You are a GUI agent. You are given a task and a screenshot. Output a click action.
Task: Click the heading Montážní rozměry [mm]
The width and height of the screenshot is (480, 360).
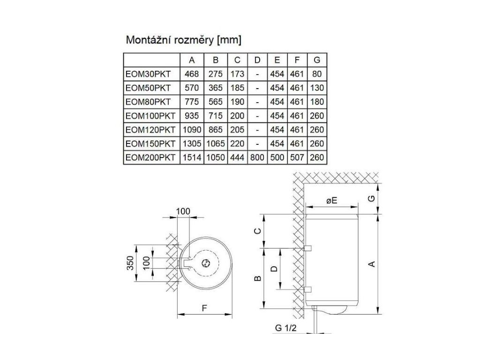coord(183,40)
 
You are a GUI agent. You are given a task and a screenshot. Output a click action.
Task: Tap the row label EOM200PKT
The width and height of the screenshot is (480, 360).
coord(150,158)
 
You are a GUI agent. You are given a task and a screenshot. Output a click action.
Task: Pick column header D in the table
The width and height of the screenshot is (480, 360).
coord(257,60)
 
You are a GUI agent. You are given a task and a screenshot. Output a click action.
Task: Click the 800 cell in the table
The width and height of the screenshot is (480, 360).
coord(257,158)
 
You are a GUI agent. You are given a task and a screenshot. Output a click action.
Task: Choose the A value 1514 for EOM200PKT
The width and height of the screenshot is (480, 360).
coord(192,158)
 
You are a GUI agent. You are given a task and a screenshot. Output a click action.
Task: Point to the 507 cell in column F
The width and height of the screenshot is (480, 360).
coord(297,158)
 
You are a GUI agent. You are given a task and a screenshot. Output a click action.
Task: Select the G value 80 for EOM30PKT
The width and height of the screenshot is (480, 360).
coord(317,74)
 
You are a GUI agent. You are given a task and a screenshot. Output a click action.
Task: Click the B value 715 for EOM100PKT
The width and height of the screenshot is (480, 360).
coord(216,116)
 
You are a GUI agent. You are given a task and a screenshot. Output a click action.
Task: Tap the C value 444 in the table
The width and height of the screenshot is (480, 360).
coord(237,158)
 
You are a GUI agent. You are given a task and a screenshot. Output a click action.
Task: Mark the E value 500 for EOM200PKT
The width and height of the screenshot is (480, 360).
coord(277,158)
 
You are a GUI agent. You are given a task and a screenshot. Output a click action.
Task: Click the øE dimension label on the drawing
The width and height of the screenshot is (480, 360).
coord(332,200)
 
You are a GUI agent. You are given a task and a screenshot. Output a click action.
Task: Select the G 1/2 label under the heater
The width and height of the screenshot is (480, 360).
coord(286,328)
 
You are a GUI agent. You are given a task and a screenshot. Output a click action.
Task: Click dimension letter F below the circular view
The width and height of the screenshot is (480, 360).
coord(204,308)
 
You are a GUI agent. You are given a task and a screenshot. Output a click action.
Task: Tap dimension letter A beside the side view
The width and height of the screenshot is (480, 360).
coord(373,264)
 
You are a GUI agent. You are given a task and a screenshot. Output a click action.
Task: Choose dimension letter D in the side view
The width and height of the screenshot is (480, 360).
coord(275,268)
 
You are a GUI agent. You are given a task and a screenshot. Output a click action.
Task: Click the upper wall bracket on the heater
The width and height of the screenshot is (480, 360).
coord(308,247)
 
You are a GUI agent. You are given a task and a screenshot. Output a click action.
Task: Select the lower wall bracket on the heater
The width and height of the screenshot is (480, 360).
coord(308,289)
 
